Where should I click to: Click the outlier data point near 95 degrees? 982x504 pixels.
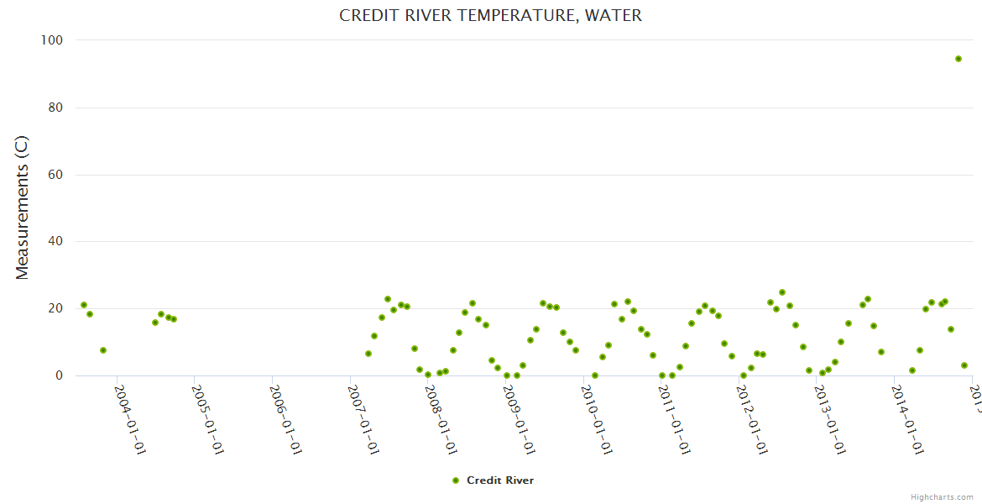click(x=958, y=59)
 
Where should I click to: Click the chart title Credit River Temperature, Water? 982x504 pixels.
click(x=490, y=15)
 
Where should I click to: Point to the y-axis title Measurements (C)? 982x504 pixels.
click(x=23, y=207)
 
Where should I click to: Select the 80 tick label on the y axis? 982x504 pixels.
click(x=56, y=108)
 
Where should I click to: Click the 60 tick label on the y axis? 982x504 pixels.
click(x=56, y=175)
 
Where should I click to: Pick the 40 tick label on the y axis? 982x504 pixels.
click(x=56, y=242)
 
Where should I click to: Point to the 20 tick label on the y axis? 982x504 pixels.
click(x=56, y=308)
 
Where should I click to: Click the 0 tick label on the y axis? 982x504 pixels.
click(x=60, y=375)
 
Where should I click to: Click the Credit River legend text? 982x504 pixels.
click(x=500, y=480)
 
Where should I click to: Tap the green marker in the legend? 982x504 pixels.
click(x=456, y=480)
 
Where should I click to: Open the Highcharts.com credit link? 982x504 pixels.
click(x=942, y=496)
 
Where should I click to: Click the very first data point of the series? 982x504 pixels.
click(x=84, y=305)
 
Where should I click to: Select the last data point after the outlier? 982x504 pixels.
click(x=964, y=365)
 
